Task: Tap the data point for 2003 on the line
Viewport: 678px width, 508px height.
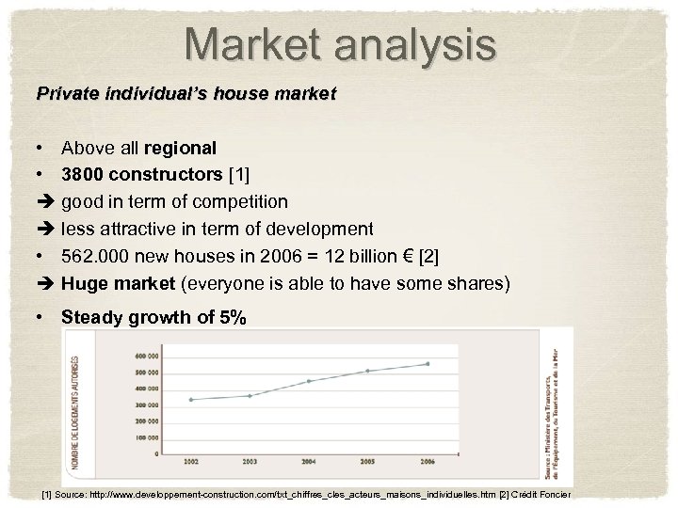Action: click(x=250, y=396)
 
